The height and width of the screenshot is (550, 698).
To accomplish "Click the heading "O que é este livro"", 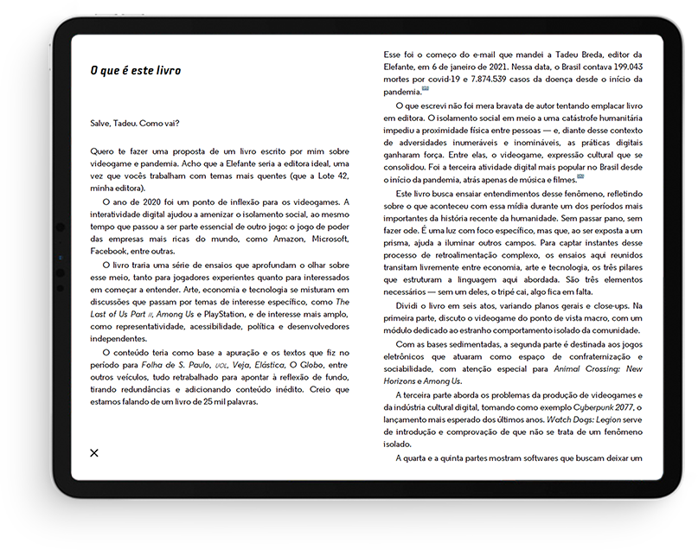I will coord(136,70).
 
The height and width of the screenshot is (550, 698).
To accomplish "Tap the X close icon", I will coord(94,452).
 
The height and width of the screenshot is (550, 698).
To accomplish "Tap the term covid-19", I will coord(438,80).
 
